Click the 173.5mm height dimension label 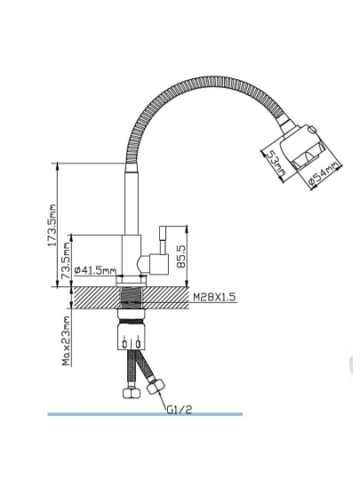[x=53, y=225]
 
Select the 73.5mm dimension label [x=66, y=260]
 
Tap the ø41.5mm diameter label [x=95, y=270]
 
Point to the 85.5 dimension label [x=181, y=256]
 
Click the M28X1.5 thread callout [x=214, y=297]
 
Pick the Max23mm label [x=67, y=341]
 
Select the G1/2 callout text [x=180, y=409]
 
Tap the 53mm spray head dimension [x=276, y=164]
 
